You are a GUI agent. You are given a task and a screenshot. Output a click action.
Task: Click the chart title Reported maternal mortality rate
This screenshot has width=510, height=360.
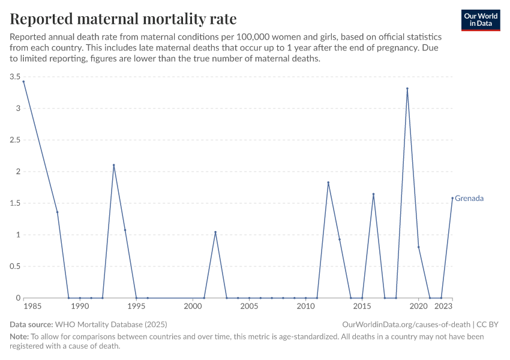click(123, 19)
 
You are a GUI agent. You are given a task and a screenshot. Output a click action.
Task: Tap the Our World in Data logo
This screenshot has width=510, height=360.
click(481, 20)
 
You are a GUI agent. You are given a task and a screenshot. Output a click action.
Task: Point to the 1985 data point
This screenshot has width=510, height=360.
click(23, 82)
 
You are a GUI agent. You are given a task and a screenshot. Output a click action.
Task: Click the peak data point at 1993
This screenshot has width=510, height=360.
click(113, 166)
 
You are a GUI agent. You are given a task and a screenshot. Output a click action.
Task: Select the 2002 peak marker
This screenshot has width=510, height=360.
click(215, 232)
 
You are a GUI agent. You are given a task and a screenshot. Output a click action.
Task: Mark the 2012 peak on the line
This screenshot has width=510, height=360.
click(328, 182)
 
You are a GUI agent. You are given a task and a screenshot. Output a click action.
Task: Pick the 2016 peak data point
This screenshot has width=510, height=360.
click(373, 194)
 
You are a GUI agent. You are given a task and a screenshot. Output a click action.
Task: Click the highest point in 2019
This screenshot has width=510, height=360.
click(407, 89)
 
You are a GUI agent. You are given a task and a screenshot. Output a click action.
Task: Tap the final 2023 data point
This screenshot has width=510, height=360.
click(452, 198)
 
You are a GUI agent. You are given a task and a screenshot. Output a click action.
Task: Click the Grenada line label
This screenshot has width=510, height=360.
click(469, 198)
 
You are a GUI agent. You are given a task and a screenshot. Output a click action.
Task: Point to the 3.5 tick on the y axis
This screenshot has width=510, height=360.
click(15, 77)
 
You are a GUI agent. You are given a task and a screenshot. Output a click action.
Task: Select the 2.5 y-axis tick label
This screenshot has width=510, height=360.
click(15, 140)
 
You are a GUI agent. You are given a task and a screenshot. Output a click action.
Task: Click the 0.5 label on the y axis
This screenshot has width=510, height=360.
click(15, 266)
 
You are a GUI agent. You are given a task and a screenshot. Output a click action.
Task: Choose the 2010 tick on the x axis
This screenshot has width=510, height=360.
click(306, 307)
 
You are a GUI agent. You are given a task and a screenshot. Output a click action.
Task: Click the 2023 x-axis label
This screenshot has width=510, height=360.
click(443, 307)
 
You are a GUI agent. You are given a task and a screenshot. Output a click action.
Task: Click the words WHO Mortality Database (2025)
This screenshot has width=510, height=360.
click(112, 324)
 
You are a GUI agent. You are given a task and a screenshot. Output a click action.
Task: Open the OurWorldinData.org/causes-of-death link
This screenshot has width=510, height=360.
click(406, 324)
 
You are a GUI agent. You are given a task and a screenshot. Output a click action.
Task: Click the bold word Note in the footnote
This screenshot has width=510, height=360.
click(19, 337)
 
